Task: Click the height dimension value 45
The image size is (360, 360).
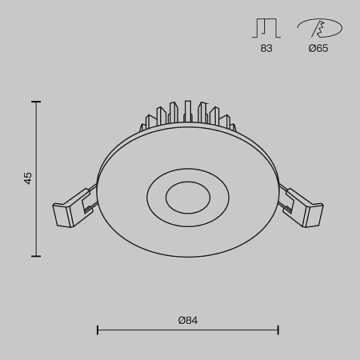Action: (28, 178)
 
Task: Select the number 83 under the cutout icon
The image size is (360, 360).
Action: (266, 49)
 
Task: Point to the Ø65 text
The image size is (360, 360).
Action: (318, 49)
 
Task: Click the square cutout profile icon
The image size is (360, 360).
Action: (266, 29)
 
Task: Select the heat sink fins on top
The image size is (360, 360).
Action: (189, 117)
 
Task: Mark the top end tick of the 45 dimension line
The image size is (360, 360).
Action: (36, 102)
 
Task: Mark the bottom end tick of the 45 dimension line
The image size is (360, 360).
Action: (36, 256)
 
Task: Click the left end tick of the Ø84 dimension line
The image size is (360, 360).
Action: (97, 329)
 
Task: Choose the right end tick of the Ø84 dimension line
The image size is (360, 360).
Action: (278, 329)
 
